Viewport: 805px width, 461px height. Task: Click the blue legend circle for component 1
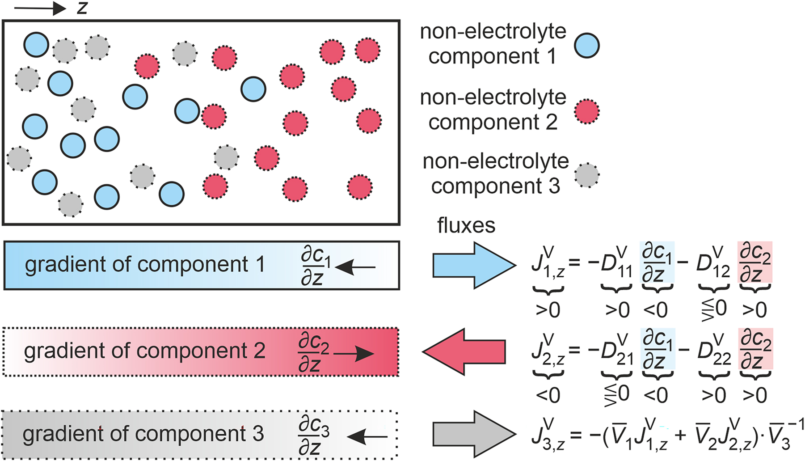tap(586, 46)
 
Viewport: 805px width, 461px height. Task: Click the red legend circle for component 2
tap(586, 111)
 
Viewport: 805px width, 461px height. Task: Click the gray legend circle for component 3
tap(586, 175)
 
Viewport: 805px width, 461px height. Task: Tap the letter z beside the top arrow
tap(82, 8)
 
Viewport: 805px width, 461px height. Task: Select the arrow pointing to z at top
tap(40, 8)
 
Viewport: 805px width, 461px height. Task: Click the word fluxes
tap(466, 226)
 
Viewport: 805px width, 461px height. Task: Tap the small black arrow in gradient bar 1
tap(355, 267)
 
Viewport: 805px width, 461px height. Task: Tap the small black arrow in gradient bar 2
tap(354, 354)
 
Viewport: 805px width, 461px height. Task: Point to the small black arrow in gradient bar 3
tap(367, 437)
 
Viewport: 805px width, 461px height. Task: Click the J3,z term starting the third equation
tap(548, 435)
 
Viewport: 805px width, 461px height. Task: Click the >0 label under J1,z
tap(548, 310)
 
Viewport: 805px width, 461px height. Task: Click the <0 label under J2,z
tap(548, 395)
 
